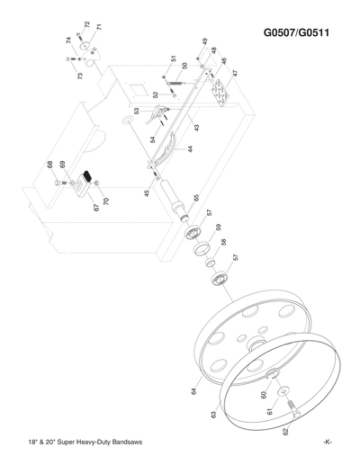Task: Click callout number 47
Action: point(235,74)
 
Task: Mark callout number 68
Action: point(50,165)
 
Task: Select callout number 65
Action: point(196,197)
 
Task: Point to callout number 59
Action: point(218,228)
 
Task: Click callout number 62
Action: point(286,433)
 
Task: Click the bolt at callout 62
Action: point(293,415)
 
